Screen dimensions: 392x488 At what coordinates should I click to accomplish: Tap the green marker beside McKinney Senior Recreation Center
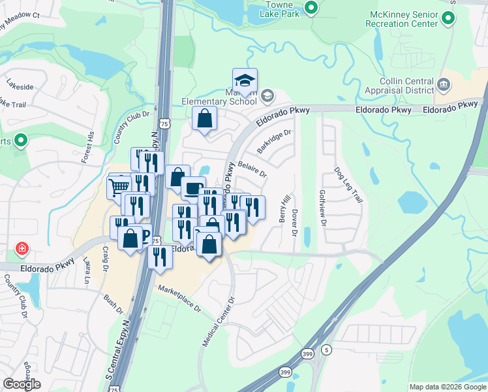tap(448, 20)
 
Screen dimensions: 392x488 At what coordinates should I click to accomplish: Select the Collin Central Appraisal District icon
tap(444, 84)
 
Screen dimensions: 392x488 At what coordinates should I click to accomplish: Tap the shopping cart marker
tap(119, 187)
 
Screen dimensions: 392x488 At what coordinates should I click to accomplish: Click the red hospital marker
tap(22, 249)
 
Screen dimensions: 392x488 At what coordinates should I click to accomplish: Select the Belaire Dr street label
tap(252, 169)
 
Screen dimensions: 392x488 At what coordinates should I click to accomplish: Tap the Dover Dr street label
tap(295, 223)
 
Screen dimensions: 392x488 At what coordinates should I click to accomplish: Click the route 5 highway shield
tap(326, 350)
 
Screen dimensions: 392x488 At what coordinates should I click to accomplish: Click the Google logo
tap(22, 384)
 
